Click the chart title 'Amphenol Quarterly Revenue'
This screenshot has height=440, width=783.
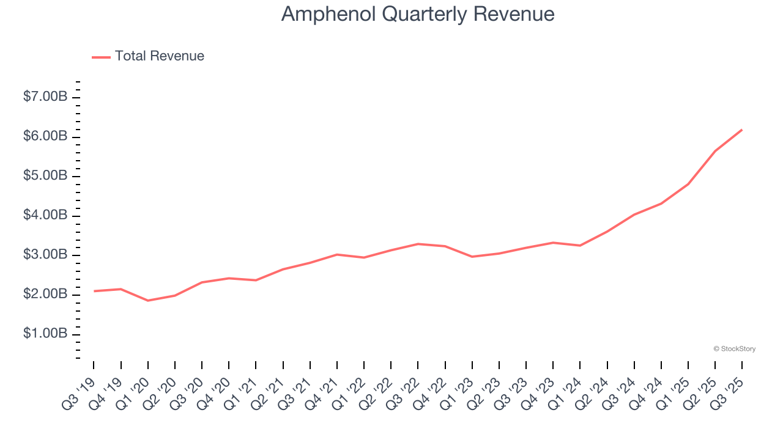[418, 14]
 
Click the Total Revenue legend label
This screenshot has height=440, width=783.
[159, 56]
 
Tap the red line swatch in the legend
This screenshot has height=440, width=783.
[101, 57]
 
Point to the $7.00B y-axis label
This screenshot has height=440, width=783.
[45, 97]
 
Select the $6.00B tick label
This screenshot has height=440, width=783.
[45, 136]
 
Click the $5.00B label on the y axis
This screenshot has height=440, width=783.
[45, 176]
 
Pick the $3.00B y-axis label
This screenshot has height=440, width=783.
[45, 255]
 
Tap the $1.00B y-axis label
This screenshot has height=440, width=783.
[45, 334]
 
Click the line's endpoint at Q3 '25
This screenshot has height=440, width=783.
[742, 130]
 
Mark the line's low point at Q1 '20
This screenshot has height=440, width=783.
[148, 301]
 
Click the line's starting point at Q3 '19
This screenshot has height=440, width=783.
[94, 291]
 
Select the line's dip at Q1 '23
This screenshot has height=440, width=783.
[472, 257]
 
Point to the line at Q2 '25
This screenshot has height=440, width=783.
[715, 151]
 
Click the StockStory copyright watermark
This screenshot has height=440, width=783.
[734, 349]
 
